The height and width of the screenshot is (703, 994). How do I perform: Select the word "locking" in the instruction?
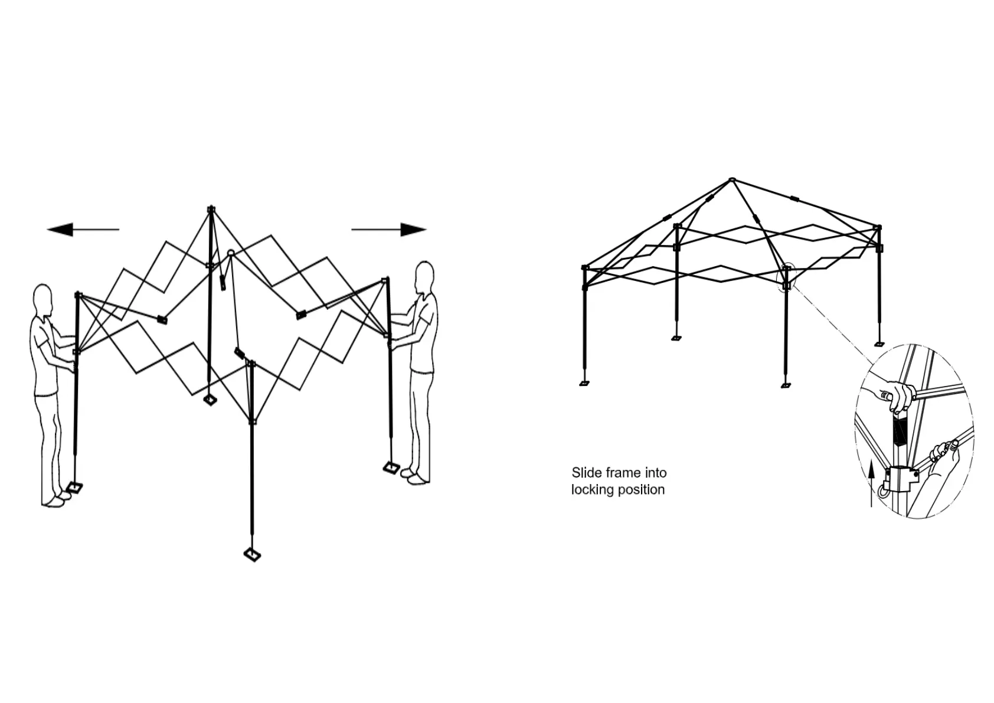593,490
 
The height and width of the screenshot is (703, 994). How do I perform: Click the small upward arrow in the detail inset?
871,481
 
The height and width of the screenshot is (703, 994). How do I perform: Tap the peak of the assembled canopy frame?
732,179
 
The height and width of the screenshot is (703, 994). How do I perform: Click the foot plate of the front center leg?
253,554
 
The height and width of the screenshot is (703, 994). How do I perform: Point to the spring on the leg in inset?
898,432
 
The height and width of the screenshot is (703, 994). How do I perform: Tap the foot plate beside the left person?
75,487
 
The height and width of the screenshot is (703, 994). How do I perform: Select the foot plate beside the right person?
391,468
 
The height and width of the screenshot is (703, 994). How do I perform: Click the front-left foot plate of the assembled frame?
584,382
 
